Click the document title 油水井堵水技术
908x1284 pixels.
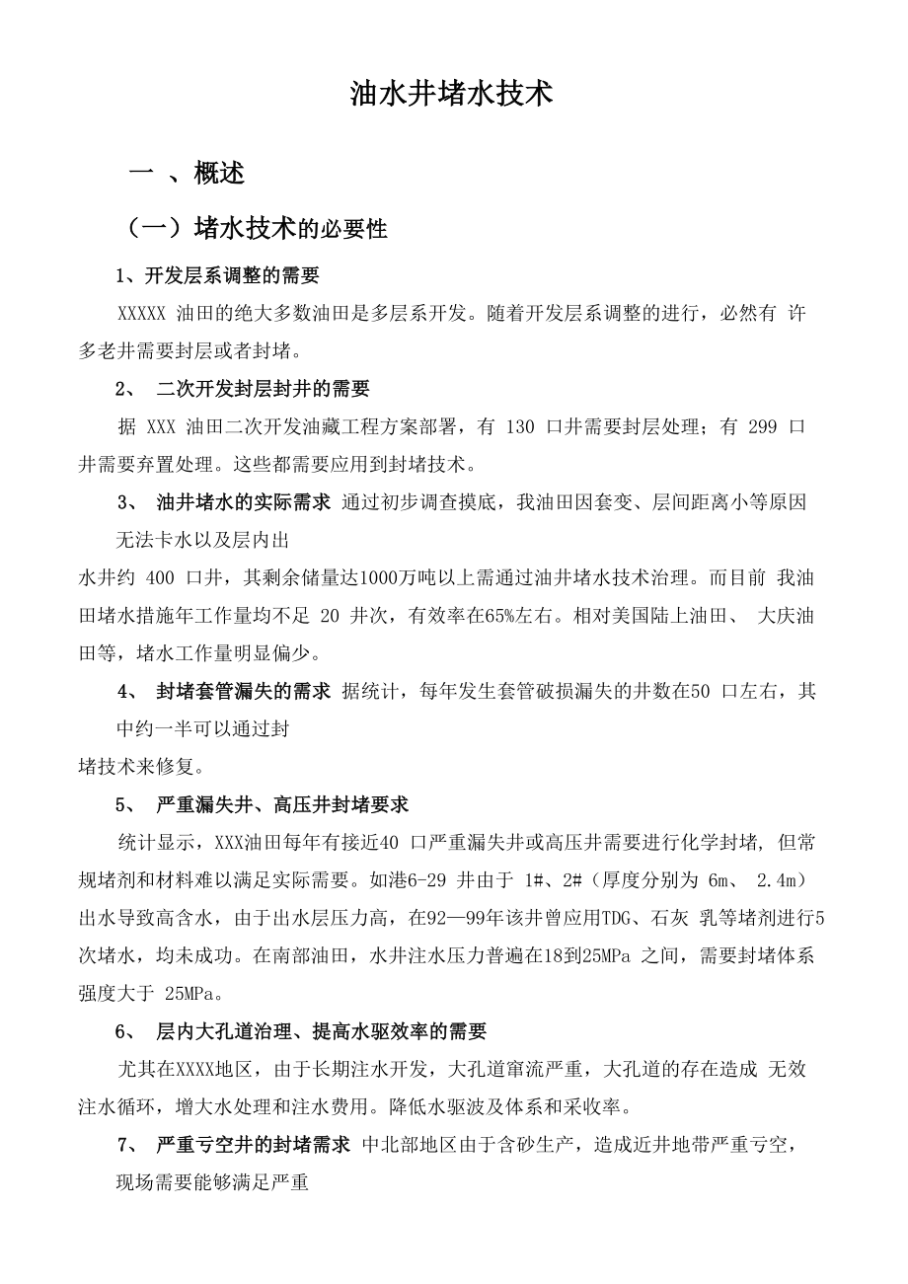[x=452, y=95]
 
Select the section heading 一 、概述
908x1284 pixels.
[x=188, y=174]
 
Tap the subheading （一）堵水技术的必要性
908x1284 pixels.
[x=256, y=229]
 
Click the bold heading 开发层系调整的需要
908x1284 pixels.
[x=232, y=274]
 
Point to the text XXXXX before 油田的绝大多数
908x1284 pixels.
[x=141, y=313]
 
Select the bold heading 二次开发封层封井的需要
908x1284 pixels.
[x=263, y=388]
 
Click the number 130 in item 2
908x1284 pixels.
[x=519, y=426]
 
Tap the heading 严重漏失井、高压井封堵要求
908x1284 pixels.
[x=282, y=804]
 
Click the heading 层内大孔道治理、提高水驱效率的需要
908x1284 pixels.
[x=322, y=1031]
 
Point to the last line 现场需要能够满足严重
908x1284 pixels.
[x=212, y=1182]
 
